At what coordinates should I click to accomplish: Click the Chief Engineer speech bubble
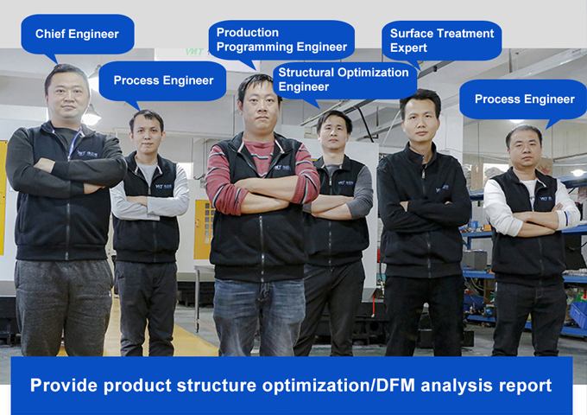pos(77,35)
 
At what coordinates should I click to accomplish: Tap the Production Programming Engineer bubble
pos(281,40)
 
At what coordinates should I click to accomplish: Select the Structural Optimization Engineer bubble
pos(343,80)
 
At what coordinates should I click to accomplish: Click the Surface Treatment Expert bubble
pos(441,40)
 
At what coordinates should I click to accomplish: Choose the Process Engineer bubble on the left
pos(163,80)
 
